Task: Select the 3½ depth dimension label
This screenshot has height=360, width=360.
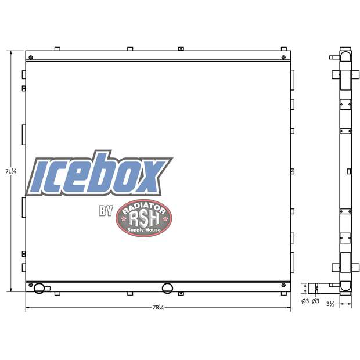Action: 345,303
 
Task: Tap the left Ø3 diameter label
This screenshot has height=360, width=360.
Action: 305,301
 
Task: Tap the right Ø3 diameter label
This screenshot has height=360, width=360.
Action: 315,301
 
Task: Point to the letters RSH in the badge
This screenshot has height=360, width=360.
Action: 144,218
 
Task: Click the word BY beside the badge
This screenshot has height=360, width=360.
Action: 106,211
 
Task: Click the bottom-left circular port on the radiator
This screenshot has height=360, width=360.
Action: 39,288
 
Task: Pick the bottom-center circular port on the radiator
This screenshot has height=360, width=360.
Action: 167,288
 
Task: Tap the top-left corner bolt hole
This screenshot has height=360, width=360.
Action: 30,56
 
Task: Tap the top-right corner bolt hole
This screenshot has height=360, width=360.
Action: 283,56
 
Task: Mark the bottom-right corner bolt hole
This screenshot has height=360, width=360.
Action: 283,285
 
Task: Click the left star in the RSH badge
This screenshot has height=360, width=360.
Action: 123,219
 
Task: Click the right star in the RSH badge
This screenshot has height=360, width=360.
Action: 165,219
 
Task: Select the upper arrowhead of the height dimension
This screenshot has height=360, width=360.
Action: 10,53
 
